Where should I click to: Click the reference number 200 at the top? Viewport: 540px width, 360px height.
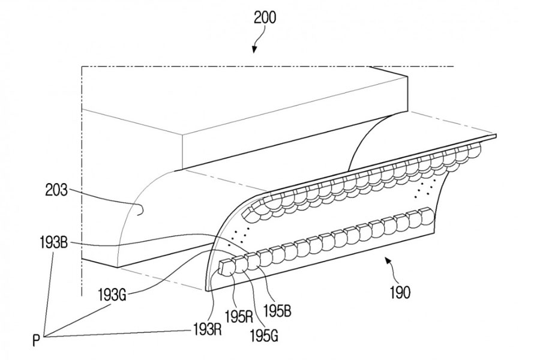265,17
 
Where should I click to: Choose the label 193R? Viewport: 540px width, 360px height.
205,329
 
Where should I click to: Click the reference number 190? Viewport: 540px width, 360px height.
399,293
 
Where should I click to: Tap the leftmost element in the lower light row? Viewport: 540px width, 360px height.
227,265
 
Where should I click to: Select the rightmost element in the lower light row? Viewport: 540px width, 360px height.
427,215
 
